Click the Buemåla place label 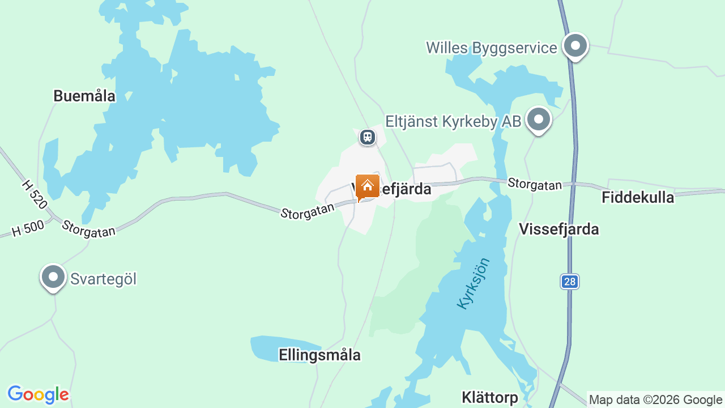[84, 96]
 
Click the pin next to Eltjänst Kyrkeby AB [538, 120]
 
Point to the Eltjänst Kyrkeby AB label [453, 121]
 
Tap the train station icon [368, 137]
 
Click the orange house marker [367, 186]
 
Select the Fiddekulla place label [638, 197]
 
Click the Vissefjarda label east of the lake [558, 229]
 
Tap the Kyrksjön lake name [474, 283]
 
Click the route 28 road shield [570, 281]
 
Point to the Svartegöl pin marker [53, 277]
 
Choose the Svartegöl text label [103, 279]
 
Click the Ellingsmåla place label [319, 355]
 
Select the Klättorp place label [489, 397]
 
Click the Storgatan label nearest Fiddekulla [535, 184]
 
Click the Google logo [38, 395]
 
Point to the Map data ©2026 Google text [655, 399]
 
